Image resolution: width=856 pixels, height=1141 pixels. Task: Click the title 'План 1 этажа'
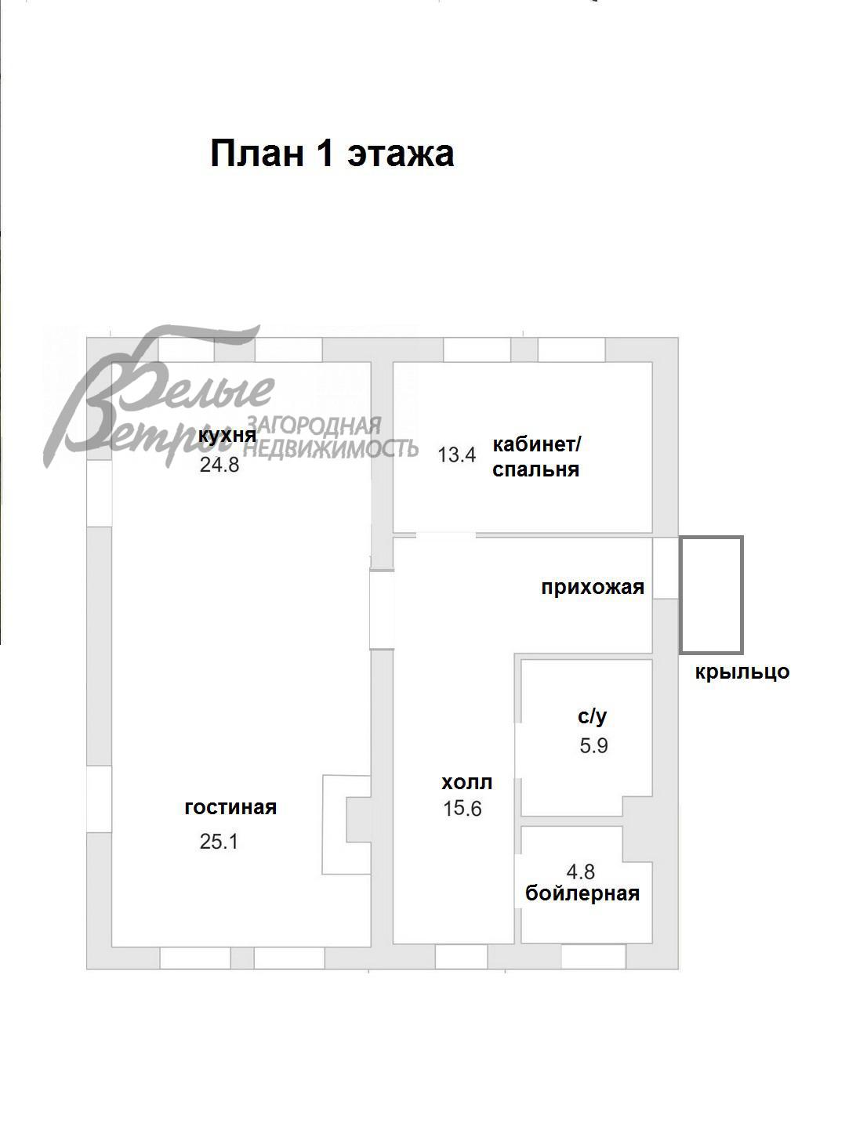pyautogui.click(x=332, y=154)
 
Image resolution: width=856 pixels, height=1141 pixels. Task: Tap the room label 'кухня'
pyautogui.click(x=227, y=436)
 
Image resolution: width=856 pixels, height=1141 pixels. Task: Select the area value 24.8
pyautogui.click(x=219, y=465)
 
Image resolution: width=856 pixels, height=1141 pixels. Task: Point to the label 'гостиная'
pyautogui.click(x=230, y=807)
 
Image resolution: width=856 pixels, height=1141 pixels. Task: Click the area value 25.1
pyautogui.click(x=219, y=842)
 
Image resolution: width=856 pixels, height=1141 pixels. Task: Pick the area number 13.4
pyautogui.click(x=456, y=455)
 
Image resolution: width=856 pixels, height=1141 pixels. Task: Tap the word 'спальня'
pyautogui.click(x=535, y=469)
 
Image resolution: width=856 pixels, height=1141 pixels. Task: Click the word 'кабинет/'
pyautogui.click(x=536, y=444)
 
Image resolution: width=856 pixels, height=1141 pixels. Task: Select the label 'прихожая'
pyautogui.click(x=592, y=587)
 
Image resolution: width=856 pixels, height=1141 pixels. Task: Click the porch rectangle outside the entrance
pyautogui.click(x=711, y=595)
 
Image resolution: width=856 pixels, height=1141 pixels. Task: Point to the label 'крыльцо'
pyautogui.click(x=742, y=672)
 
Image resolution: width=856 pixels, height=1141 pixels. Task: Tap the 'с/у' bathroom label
pyautogui.click(x=592, y=715)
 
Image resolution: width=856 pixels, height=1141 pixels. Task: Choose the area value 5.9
pyautogui.click(x=593, y=745)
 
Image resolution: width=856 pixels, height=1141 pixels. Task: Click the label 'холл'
pyautogui.click(x=466, y=782)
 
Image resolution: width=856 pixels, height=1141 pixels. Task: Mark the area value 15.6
pyautogui.click(x=462, y=809)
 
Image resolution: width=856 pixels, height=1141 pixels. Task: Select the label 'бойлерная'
pyautogui.click(x=582, y=893)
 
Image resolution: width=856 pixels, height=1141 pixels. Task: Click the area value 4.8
pyautogui.click(x=580, y=871)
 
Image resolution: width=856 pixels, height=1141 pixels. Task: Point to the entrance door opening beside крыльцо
pyautogui.click(x=665, y=568)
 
